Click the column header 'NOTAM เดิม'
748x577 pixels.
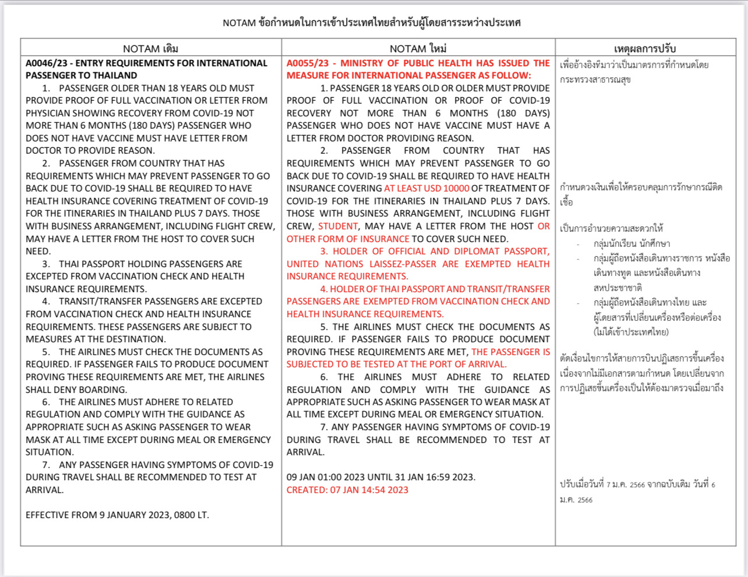[x=150, y=49]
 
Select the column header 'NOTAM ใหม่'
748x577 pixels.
[x=418, y=49]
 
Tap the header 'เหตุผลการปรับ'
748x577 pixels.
[x=644, y=49]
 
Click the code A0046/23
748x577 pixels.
[x=47, y=63]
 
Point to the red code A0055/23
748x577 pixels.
[x=308, y=63]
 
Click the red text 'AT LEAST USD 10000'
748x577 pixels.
[x=426, y=189]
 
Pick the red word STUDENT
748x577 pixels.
[x=338, y=226]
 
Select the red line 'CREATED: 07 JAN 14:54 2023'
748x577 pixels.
[x=347, y=490]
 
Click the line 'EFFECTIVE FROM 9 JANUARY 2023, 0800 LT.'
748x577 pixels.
[x=117, y=515]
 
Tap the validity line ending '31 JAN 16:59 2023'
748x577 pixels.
[x=380, y=477]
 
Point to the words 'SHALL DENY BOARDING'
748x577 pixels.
[x=76, y=390]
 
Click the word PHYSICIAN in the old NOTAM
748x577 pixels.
[x=50, y=114]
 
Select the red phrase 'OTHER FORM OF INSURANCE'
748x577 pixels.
[x=348, y=239]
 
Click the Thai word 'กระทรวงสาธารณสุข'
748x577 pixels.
[x=595, y=80]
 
